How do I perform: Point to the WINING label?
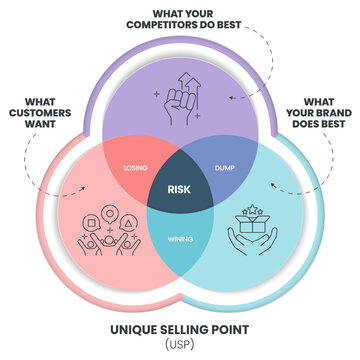point(180,238)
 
